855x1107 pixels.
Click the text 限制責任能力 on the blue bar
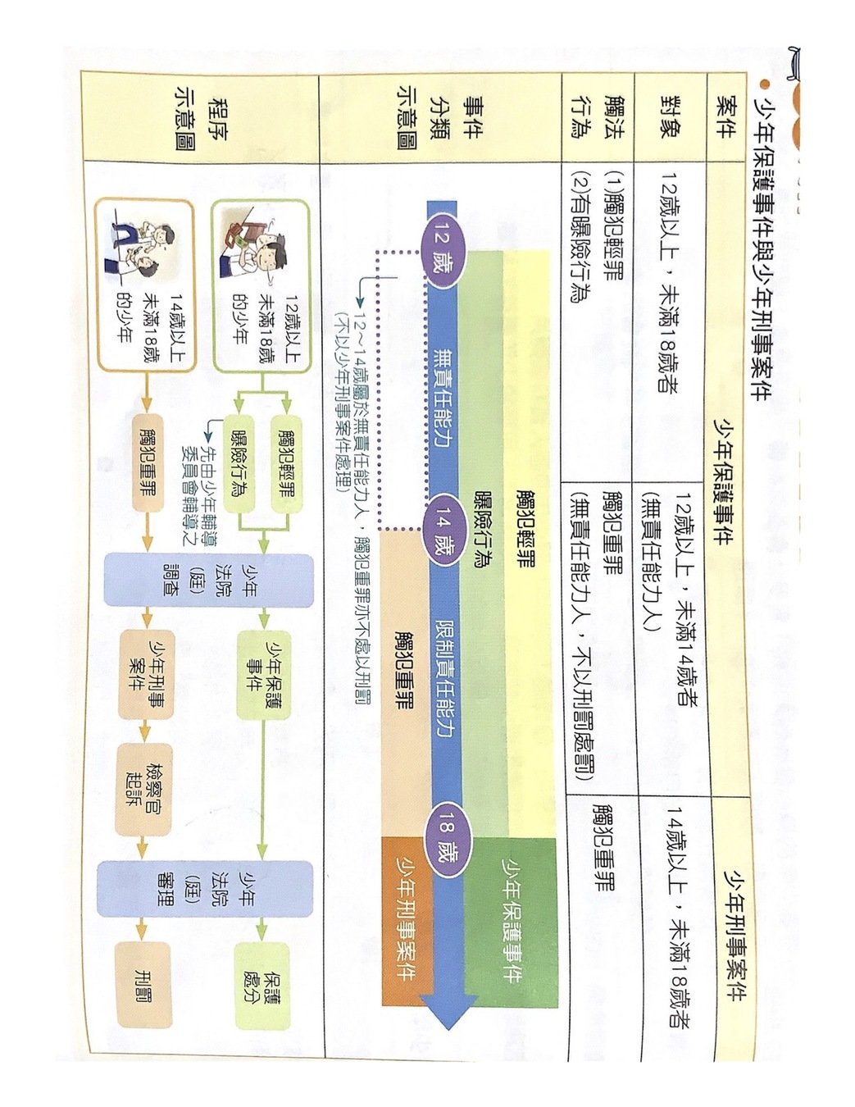(446, 677)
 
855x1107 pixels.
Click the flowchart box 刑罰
(144, 984)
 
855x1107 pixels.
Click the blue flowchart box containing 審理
(205, 888)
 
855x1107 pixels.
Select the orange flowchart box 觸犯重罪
(148, 463)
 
